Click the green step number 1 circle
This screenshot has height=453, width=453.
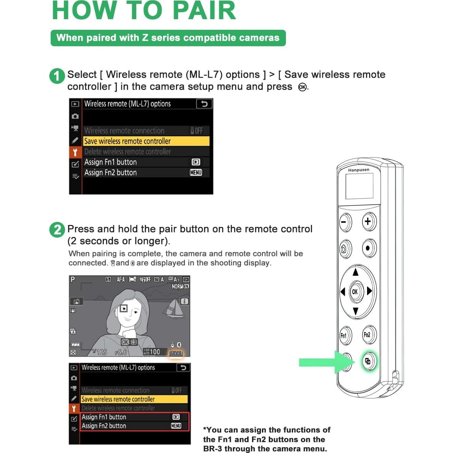tap(57, 76)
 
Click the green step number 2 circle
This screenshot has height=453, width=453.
tap(57, 230)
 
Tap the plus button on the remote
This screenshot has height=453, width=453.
tap(368, 222)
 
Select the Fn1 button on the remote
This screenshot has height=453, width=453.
tap(344, 336)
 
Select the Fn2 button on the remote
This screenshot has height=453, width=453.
tap(368, 335)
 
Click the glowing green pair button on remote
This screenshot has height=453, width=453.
tap(368, 361)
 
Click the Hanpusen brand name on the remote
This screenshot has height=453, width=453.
tap(358, 170)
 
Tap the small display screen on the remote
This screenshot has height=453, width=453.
tap(359, 186)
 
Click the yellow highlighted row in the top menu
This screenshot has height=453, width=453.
tap(146, 141)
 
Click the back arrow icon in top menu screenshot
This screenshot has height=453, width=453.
tap(204, 104)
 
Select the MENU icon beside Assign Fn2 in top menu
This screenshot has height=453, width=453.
tap(196, 173)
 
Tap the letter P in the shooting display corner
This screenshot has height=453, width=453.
tap(73, 279)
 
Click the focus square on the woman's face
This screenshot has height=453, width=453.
tap(123, 309)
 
